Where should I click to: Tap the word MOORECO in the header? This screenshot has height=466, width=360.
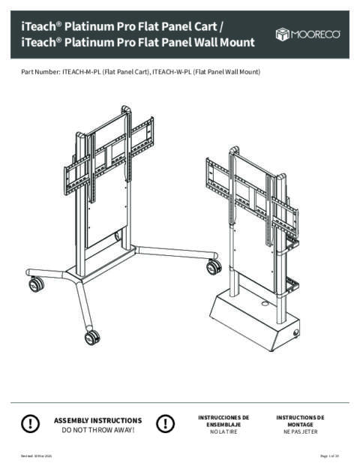pos(319,33)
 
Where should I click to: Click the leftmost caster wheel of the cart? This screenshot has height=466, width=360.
pos(35,284)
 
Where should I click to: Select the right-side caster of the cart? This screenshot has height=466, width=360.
pos(214,266)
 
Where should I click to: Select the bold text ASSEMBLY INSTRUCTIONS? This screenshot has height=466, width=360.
pos(98,420)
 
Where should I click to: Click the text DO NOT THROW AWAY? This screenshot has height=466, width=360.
pos(98,430)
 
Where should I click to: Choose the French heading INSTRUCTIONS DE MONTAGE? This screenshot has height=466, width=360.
pos(300,420)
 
